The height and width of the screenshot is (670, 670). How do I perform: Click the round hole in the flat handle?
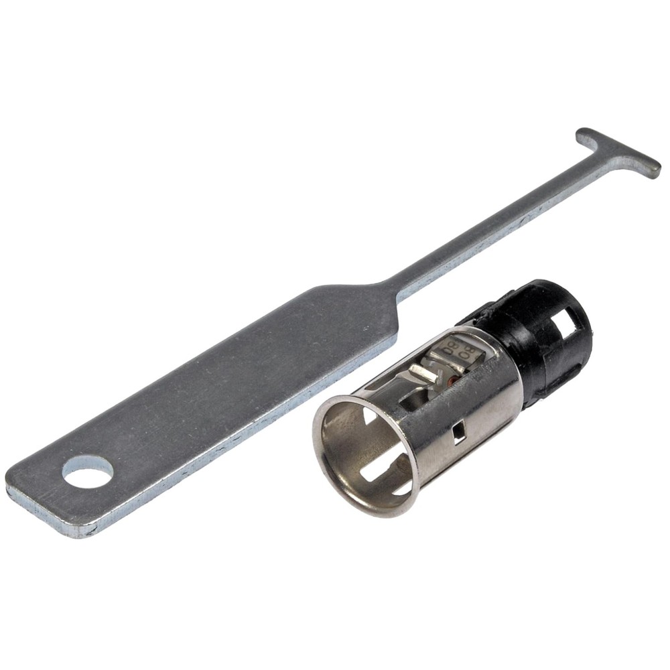pyautogui.click(x=87, y=472)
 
